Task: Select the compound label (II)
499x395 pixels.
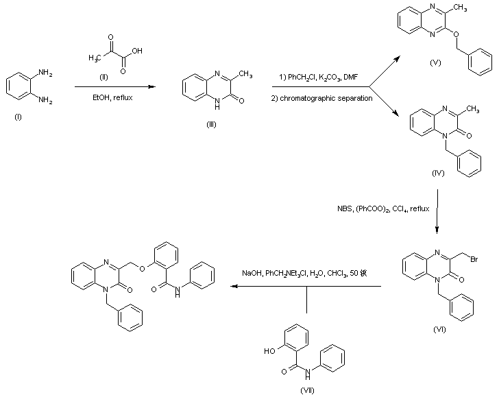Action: click(x=105, y=77)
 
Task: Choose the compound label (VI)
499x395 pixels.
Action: click(x=439, y=329)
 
